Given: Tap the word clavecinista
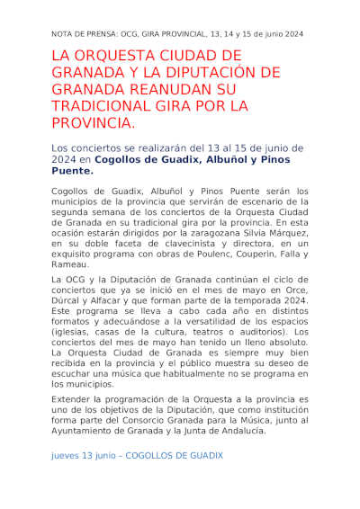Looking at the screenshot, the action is tap(172, 243).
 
